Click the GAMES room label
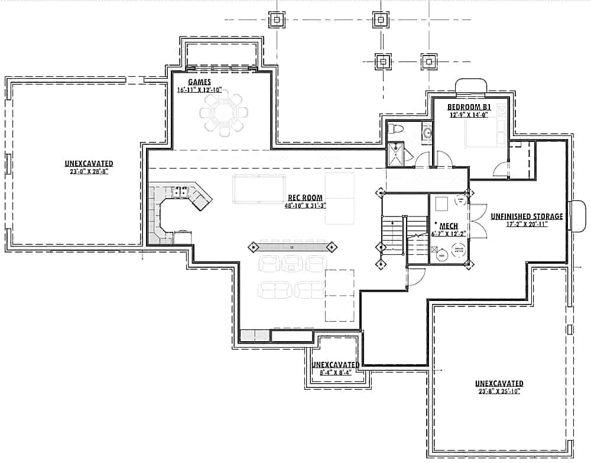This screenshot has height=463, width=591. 200,82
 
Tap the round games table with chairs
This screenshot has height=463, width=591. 223,112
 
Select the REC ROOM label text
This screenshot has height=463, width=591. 305,198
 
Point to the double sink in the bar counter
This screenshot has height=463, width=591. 181,192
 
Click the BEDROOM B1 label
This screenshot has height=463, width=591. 470,107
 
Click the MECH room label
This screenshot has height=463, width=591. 449,226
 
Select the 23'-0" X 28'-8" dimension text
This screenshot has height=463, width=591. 89,171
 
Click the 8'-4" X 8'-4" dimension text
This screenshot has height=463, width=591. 335,373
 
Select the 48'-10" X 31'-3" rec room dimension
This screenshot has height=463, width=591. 305,206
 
